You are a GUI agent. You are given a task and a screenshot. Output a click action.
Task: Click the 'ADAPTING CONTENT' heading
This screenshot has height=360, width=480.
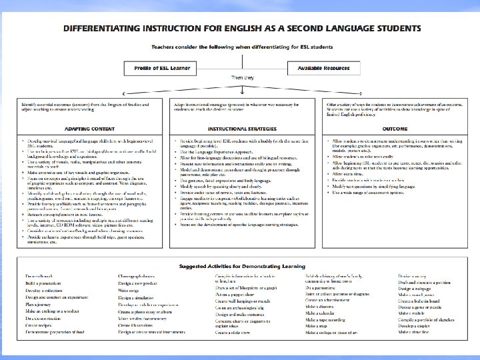pyautogui.click(x=88, y=129)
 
